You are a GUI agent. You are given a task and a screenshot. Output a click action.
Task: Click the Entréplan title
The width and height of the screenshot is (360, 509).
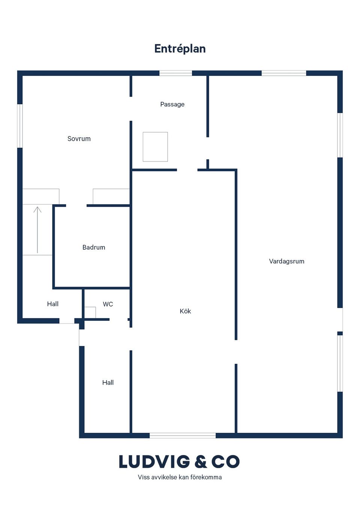click(180, 49)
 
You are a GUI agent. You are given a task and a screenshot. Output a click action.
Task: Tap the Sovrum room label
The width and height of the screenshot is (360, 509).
click(79, 139)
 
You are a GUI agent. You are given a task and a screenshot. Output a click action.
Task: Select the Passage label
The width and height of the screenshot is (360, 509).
click(172, 104)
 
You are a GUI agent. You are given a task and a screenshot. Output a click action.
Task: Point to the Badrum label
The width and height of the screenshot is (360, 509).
click(94, 247)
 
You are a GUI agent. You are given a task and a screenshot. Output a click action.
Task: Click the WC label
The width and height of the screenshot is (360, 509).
click(108, 304)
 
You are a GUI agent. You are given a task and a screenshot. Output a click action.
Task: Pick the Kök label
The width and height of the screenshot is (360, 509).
click(185, 311)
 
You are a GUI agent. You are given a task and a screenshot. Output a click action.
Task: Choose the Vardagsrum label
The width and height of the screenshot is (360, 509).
click(286, 261)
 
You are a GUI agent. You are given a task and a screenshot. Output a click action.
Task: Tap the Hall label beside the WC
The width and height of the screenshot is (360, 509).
click(53, 304)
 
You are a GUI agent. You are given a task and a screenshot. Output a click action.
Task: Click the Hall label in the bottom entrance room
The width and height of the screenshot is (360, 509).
click(108, 383)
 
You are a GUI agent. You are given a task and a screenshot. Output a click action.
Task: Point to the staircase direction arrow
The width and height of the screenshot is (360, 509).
click(37, 229)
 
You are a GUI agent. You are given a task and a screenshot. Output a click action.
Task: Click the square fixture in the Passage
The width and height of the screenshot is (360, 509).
click(155, 147)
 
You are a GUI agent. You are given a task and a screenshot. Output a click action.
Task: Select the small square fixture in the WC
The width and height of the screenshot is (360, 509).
click(90, 313)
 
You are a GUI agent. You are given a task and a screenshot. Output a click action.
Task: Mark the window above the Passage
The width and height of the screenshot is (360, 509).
click(175, 73)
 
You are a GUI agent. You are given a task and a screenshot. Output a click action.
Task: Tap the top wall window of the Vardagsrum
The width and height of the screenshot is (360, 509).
click(284, 73)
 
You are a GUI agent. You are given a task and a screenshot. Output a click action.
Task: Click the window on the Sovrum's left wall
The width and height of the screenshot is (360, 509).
click(20, 126)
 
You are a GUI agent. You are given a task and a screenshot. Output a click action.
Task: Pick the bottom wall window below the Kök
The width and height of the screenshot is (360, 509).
click(183, 436)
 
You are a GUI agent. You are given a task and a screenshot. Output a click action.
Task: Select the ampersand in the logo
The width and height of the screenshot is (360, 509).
click(201, 462)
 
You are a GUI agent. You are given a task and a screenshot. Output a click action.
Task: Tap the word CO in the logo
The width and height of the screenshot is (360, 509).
click(225, 462)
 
